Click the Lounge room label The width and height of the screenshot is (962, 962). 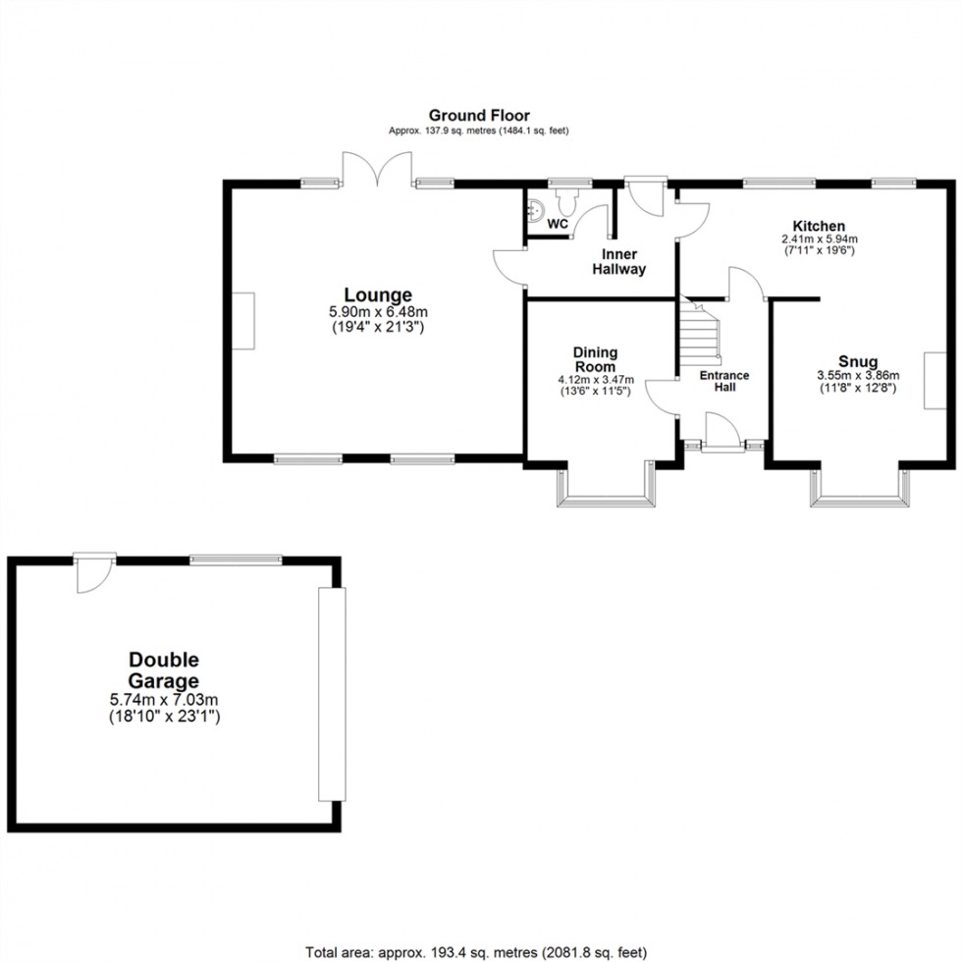tap(377, 294)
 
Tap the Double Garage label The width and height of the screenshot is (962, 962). tap(163, 670)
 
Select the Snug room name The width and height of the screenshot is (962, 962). tap(858, 361)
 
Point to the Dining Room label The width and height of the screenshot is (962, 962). tap(596, 359)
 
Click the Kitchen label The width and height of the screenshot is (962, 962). tap(812, 226)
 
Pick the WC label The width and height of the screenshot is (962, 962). tap(558, 224)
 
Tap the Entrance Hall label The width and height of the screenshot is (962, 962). tap(723, 381)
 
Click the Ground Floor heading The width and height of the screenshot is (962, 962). tap(478, 116)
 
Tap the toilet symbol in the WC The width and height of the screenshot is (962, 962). tap(567, 200)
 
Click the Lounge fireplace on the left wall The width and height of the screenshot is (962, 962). tap(243, 321)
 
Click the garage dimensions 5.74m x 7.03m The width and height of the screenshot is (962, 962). tap(163, 699)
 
